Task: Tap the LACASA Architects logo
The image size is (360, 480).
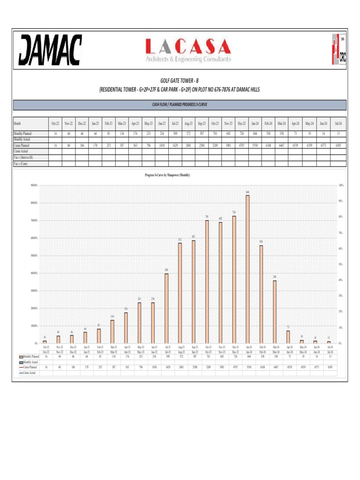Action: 188,51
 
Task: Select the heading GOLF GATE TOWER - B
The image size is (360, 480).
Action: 180,81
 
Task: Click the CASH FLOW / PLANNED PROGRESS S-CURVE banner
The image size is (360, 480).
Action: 180,105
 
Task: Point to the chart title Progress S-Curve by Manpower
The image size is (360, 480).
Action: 167,175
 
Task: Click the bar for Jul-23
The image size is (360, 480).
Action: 166,308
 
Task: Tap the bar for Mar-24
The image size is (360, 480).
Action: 275,311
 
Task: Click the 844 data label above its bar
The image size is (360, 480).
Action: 247,192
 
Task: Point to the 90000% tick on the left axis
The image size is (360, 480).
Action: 33,185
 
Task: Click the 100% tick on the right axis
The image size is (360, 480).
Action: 341,185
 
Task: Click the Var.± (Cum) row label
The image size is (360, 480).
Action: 21,164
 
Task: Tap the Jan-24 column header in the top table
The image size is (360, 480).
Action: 255,123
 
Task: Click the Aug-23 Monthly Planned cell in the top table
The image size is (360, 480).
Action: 188,134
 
